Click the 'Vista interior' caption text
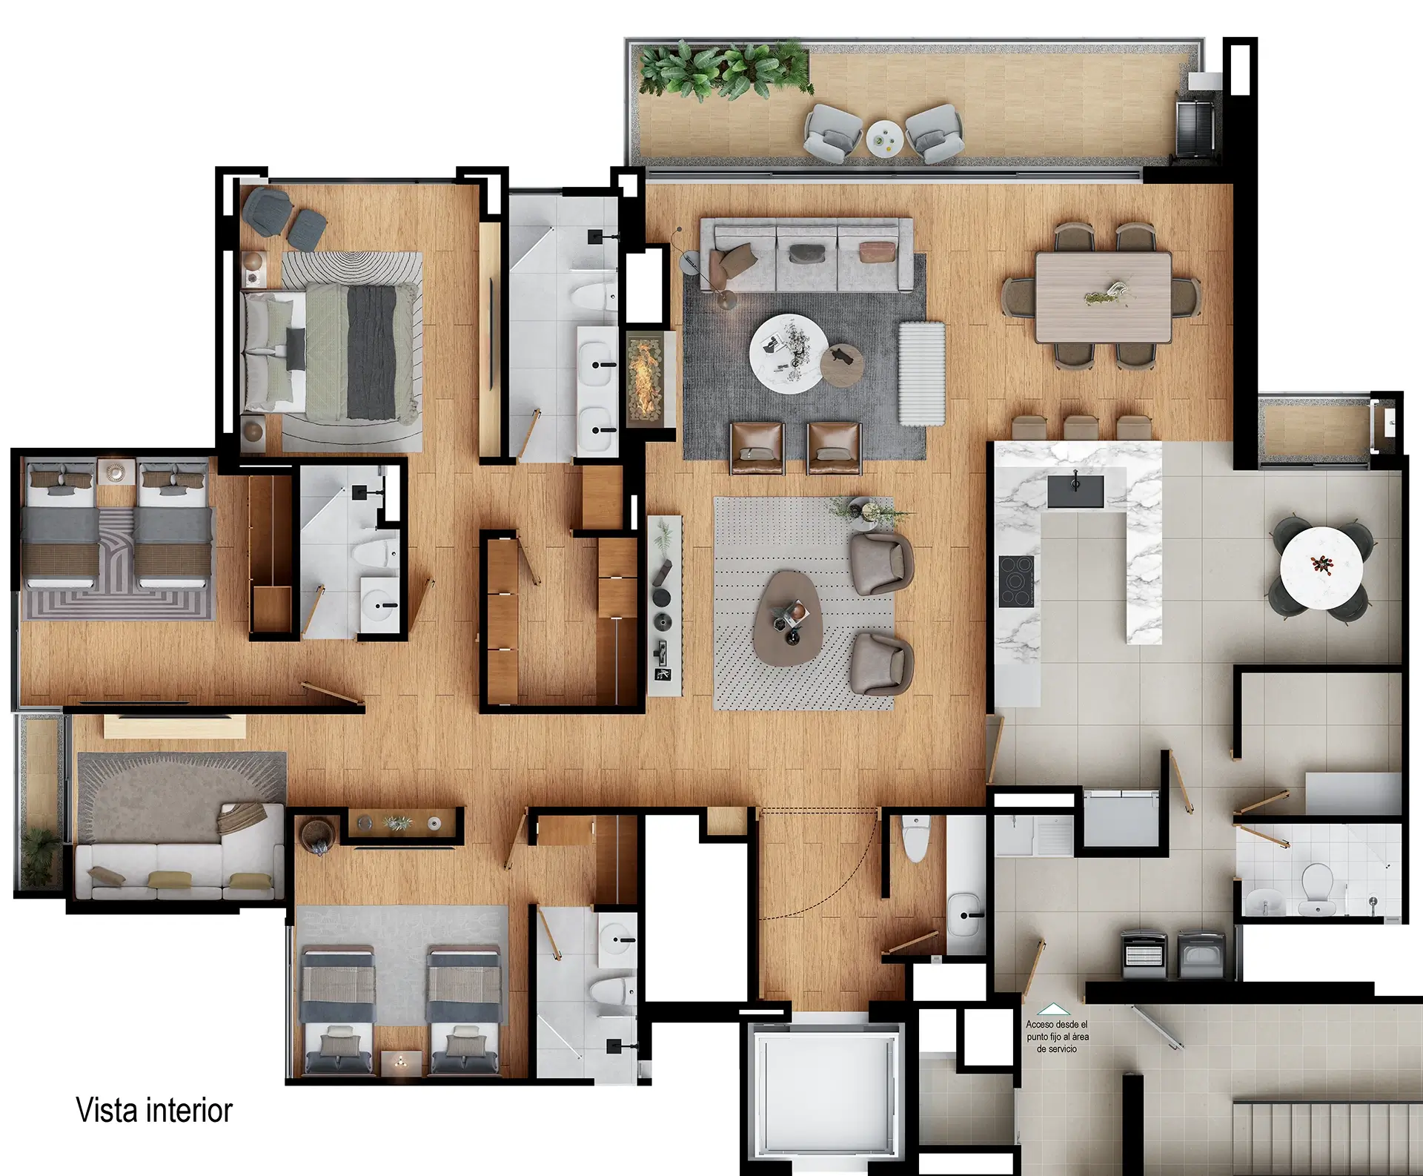coord(154,1110)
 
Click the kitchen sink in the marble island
coord(1075,492)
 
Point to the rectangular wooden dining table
coord(1103,298)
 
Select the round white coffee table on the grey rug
coord(789,352)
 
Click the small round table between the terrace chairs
coord(885,137)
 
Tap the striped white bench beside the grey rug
coord(922,373)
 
